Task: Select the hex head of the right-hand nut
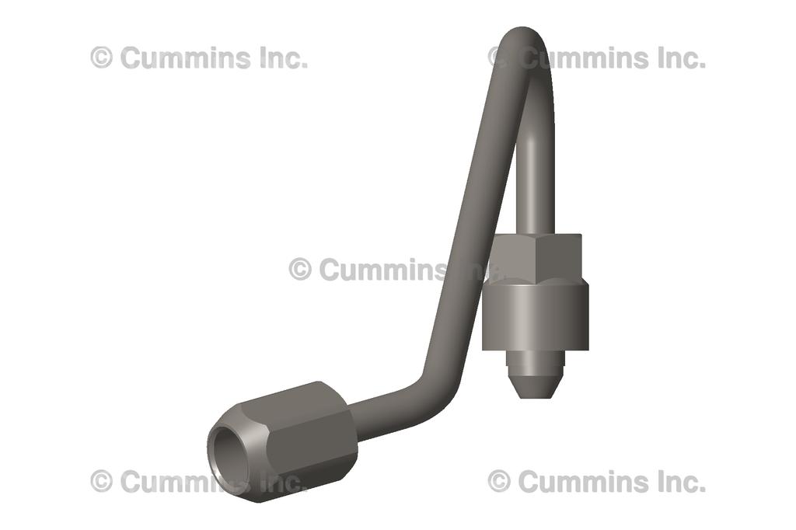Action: pyautogui.click(x=537, y=256)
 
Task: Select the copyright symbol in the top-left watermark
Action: pyautogui.click(x=101, y=58)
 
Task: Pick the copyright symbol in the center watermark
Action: pyautogui.click(x=300, y=270)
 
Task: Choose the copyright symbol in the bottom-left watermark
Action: pyautogui.click(x=101, y=481)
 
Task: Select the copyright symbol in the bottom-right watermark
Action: pyautogui.click(x=499, y=481)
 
